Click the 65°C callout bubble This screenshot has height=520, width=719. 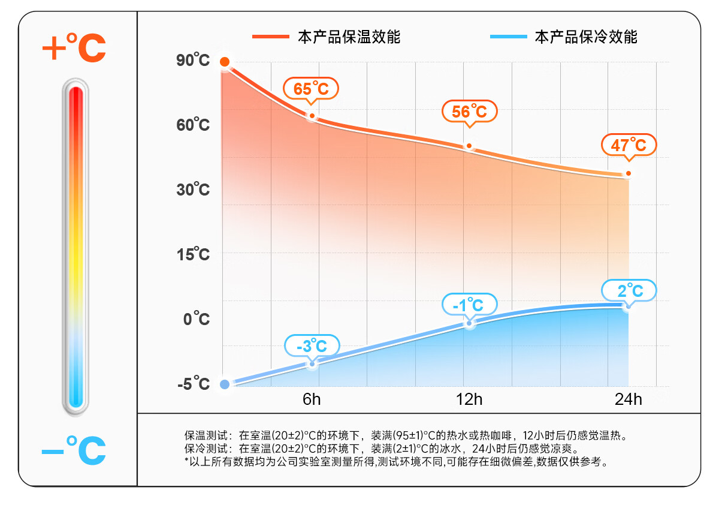click(x=311, y=89)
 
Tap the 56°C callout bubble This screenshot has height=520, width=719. click(x=469, y=111)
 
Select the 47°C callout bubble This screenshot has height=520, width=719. click(x=629, y=145)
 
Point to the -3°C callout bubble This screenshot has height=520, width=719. click(x=312, y=346)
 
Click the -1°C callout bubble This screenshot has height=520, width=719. click(x=470, y=305)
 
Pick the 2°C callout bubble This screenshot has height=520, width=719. click(x=629, y=291)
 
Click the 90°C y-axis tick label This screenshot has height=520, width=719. click(x=193, y=61)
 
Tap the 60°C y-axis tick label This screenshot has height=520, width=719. click(x=193, y=125)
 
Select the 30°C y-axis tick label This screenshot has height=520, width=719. click(x=193, y=190)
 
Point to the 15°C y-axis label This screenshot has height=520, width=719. click(x=193, y=254)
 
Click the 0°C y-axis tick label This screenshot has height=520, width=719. click(x=197, y=319)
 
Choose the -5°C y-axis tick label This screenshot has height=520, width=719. click(x=194, y=384)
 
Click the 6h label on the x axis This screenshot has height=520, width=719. click(x=312, y=399)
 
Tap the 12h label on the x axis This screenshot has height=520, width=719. click(x=469, y=399)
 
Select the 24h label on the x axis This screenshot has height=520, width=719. click(x=628, y=399)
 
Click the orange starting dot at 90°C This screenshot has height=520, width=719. click(x=225, y=62)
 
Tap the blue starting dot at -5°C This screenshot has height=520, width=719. click(x=225, y=384)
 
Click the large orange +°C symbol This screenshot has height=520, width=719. click(x=74, y=48)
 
